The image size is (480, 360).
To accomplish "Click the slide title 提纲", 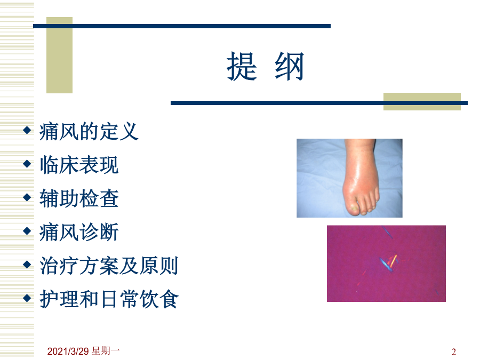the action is point(265,66).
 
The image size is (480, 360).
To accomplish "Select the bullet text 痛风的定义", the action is point(89,132).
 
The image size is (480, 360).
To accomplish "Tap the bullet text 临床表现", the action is point(79,165).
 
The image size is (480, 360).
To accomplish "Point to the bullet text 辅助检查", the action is point(79,198).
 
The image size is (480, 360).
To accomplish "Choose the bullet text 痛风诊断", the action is point(79,232).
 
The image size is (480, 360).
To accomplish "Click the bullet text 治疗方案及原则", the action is point(109,266).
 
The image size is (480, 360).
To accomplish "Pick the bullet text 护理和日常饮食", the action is point(109,299).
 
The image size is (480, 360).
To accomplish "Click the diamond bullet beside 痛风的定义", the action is point(27,130).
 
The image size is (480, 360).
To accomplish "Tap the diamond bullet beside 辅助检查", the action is point(27,197).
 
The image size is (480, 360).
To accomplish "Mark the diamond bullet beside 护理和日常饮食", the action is point(27,298).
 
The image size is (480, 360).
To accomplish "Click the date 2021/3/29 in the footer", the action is point(68,351).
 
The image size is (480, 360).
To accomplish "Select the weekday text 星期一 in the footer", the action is point(106,351).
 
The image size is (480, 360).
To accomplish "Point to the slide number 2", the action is point(454,352).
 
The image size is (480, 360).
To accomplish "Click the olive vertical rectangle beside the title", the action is point(59,55).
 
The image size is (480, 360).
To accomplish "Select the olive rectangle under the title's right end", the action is point(422,101).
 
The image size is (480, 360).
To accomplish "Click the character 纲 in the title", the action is point(289,66).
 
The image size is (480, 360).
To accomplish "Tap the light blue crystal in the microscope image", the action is point(385,265).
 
